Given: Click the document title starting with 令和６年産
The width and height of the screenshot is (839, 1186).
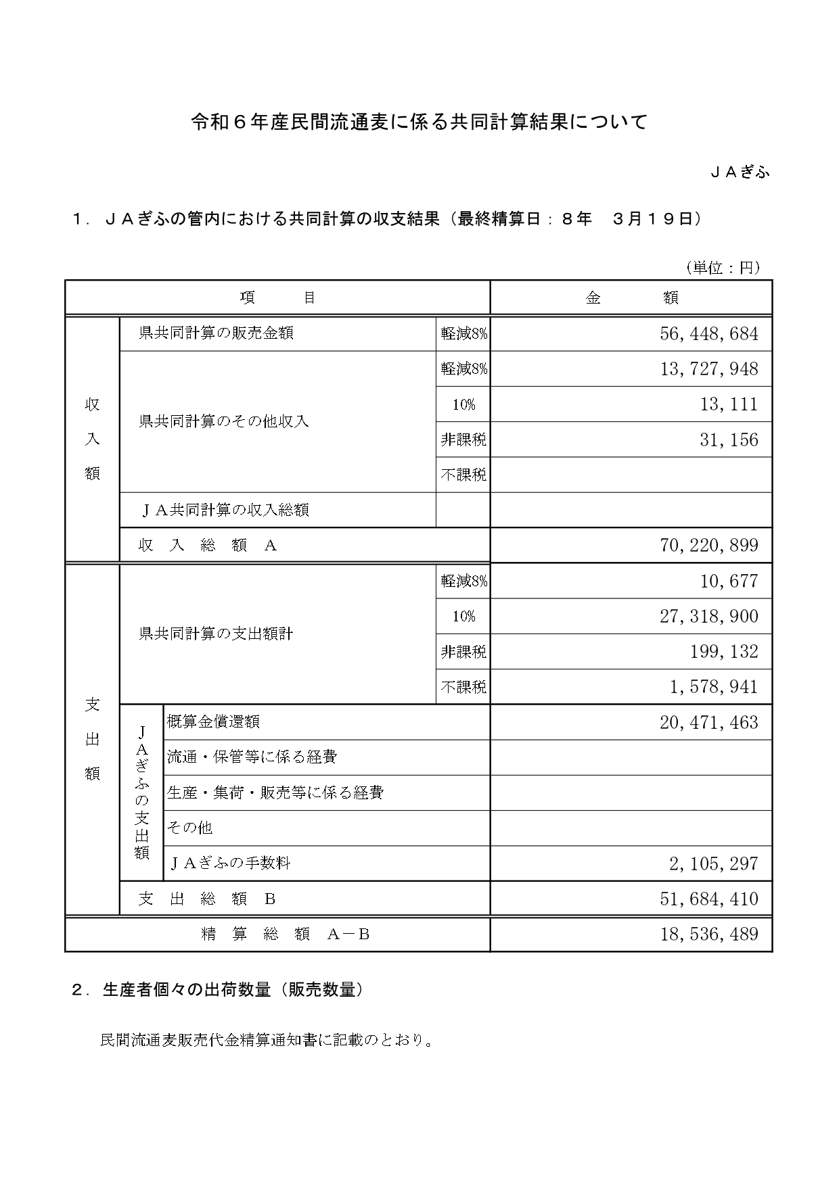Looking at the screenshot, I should pos(419,122).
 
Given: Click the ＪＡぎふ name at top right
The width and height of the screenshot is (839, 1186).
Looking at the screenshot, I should pos(740,172).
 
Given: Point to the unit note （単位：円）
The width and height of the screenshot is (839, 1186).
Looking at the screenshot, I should pos(722,268).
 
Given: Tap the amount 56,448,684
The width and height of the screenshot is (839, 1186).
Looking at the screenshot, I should pos(708,333).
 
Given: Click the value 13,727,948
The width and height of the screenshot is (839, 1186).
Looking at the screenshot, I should pos(708,369).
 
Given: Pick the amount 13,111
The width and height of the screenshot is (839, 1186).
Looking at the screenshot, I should pos(729,404).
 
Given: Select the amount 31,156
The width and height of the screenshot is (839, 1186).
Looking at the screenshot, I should pos(729,440).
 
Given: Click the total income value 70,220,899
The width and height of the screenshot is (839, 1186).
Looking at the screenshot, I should pos(708,545).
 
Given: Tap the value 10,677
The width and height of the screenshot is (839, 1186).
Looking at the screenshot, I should pos(729,581).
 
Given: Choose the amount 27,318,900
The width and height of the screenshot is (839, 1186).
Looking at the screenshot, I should pos(708,616).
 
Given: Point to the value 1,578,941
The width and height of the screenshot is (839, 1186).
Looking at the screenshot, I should pos(714,687).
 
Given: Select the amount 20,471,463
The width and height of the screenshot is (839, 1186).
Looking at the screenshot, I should pos(708,722).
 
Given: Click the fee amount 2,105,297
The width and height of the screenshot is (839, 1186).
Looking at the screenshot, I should pos(714,863).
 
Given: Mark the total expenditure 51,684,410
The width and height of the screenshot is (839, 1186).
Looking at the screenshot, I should pos(708,899).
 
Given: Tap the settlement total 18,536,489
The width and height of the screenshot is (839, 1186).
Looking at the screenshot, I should pos(708,934).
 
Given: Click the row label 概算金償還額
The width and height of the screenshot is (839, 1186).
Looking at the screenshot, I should pos(213,721).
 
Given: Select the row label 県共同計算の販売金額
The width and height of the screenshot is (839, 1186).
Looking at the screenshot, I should pos(216,333).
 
